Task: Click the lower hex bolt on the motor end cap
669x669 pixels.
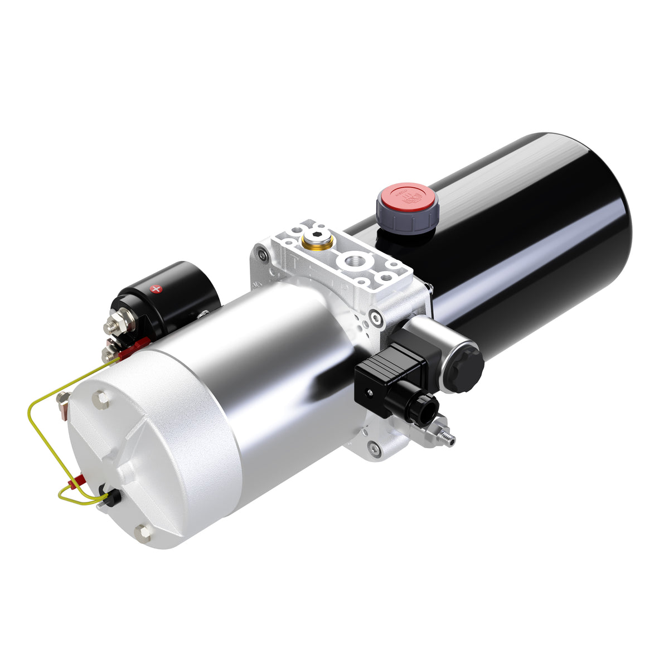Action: [x=144, y=532]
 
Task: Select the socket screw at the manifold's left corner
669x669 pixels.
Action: [x=262, y=255]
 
